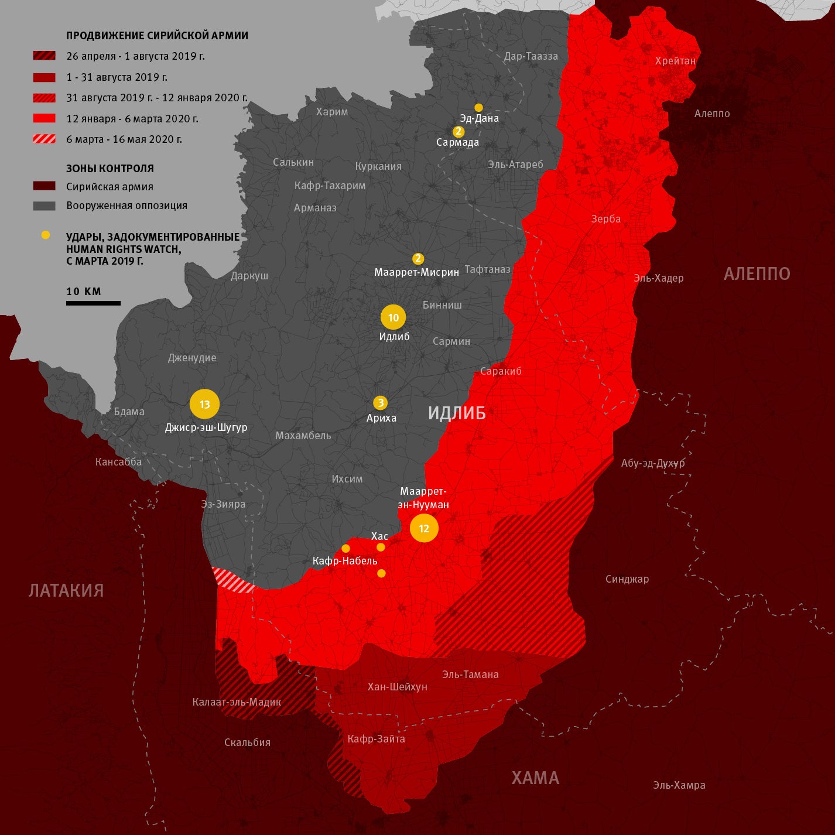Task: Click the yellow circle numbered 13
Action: (x=204, y=404)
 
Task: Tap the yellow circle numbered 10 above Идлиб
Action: (x=393, y=317)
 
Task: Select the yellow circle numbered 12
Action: (x=424, y=528)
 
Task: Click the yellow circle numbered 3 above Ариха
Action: (x=381, y=403)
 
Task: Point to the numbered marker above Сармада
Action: (x=458, y=132)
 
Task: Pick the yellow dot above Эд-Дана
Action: (x=478, y=107)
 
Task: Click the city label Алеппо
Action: (x=712, y=114)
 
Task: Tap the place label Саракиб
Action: (x=501, y=371)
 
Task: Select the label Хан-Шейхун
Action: (x=397, y=687)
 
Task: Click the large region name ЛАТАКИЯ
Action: (x=66, y=590)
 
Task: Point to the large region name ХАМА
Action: (x=535, y=778)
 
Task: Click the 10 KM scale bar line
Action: (x=93, y=303)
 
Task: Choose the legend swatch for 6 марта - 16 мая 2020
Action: (x=45, y=139)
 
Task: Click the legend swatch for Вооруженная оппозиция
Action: (x=45, y=206)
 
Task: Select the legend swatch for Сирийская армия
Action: (x=45, y=186)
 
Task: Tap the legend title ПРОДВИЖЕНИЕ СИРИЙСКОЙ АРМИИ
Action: (x=157, y=36)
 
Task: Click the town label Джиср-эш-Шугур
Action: (x=206, y=427)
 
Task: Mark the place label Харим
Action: (x=332, y=112)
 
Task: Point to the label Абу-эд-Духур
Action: (x=653, y=463)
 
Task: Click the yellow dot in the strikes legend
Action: (x=46, y=235)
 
